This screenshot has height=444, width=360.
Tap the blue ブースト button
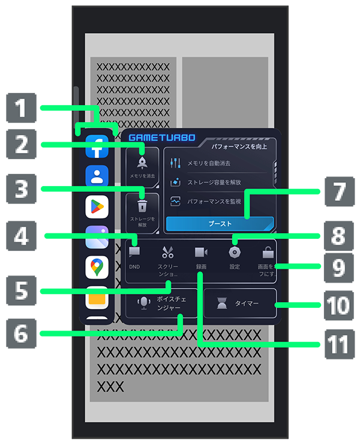pos(220,223)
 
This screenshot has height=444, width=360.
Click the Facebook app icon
pos(97,146)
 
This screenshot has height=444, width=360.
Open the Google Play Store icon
pos(97,206)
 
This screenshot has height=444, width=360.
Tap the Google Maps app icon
pos(97,266)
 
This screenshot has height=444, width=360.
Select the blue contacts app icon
pos(97,176)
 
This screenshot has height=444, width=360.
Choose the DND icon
pos(134,253)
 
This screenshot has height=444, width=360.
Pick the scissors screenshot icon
pos(167,253)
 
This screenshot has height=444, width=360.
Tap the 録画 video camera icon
pos(201,253)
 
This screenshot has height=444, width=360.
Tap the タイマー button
pos(240,303)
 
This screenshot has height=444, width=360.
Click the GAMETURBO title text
pos(162,137)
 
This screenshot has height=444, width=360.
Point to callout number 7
pos(339,192)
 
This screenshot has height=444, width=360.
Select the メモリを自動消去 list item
pos(209,163)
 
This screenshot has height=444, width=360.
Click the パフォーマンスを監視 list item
pos(214,202)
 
